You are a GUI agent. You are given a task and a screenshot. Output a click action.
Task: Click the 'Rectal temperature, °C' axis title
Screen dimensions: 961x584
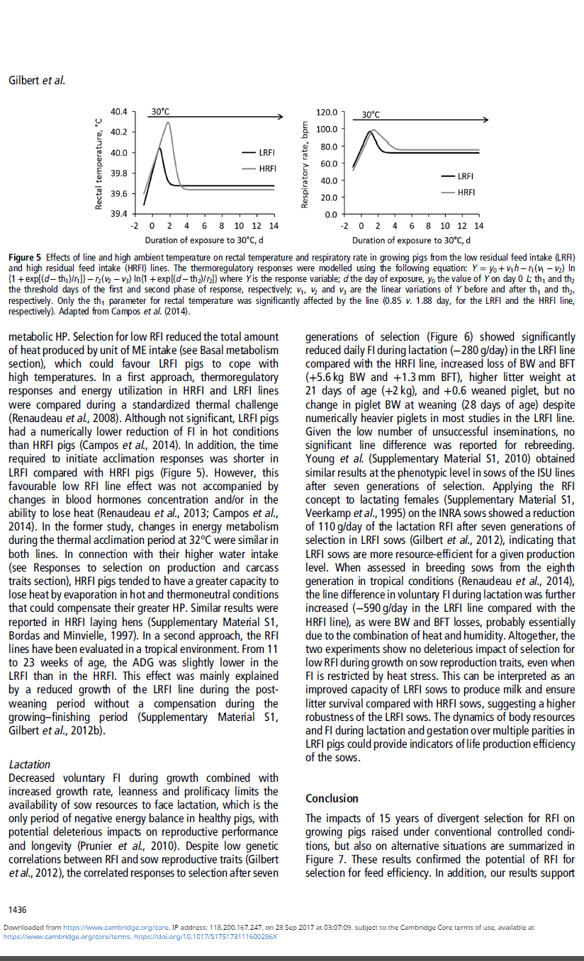[x=100, y=164]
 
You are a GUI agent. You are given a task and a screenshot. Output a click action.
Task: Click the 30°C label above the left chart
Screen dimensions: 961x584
[x=160, y=112]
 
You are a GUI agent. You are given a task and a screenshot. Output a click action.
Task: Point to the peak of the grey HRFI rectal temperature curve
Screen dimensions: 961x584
[x=169, y=123]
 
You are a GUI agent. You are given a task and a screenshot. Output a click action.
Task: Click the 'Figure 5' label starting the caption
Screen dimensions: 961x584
[x=26, y=256]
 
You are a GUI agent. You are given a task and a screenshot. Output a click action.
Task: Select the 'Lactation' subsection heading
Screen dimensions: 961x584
[x=29, y=764]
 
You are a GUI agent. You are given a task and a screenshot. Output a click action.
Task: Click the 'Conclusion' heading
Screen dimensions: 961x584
[x=332, y=798]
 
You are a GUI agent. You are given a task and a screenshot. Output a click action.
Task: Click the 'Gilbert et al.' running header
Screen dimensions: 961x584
[x=37, y=80]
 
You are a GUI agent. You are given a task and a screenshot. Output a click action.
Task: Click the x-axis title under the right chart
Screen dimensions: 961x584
[x=412, y=240]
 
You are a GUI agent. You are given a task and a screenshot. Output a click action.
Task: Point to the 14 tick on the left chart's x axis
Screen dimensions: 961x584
[x=274, y=226]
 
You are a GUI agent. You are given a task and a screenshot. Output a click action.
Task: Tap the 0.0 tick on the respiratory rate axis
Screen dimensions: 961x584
[x=330, y=215]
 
